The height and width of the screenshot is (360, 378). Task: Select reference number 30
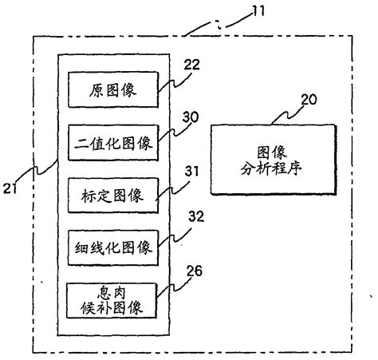pyautogui.click(x=191, y=115)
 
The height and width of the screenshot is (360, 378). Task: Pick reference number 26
pyautogui.click(x=194, y=271)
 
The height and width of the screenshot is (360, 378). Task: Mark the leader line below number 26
pyautogui.click(x=177, y=288)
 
